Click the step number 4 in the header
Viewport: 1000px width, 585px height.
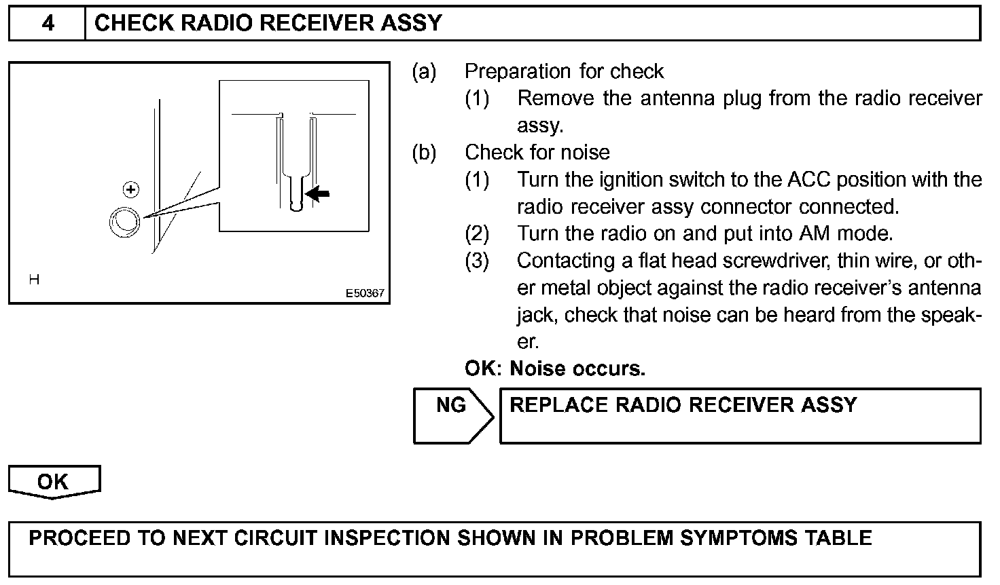click(x=48, y=23)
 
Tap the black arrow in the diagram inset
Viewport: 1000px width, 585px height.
click(x=317, y=194)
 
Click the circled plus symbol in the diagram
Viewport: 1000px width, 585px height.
click(x=131, y=190)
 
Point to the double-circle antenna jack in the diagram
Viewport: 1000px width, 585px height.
click(x=124, y=222)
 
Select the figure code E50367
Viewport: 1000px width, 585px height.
click(x=365, y=293)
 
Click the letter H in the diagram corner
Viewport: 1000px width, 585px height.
click(x=34, y=280)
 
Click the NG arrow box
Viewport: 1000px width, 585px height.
click(x=453, y=416)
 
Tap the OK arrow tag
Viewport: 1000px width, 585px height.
click(x=54, y=482)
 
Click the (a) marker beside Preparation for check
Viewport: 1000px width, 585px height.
click(x=424, y=71)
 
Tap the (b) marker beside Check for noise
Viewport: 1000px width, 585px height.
click(x=424, y=153)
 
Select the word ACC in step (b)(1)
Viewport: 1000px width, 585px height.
click(x=808, y=180)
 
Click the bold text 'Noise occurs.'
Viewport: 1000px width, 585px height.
click(x=577, y=369)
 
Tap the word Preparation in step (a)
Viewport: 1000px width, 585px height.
click(x=518, y=71)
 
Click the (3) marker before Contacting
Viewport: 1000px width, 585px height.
click(x=477, y=261)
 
